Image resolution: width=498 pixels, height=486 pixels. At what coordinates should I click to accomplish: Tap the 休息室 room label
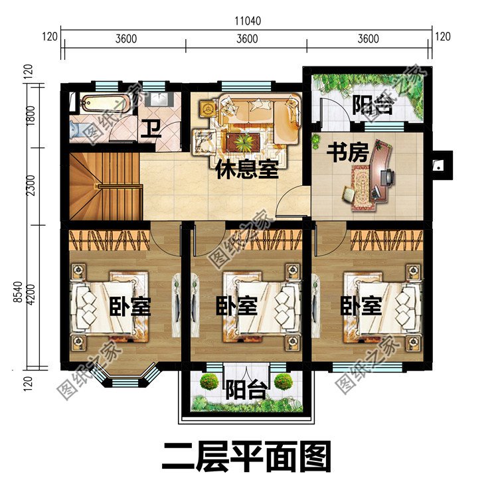[246, 169]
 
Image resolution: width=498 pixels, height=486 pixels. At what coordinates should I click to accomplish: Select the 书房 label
[347, 153]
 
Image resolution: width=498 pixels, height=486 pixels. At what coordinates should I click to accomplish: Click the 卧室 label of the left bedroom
[130, 307]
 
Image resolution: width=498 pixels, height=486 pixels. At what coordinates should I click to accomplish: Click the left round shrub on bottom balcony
[210, 382]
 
